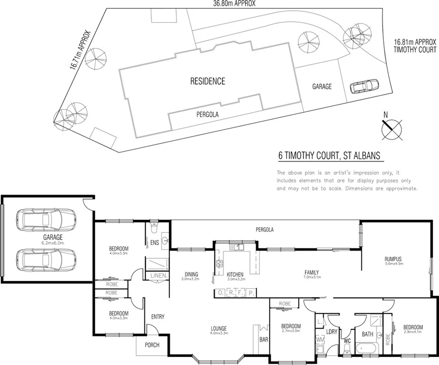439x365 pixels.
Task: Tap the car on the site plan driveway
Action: point(364,86)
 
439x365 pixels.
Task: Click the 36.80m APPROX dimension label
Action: point(235,4)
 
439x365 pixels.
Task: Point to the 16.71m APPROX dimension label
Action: point(80,50)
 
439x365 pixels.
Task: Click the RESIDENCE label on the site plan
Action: point(208,82)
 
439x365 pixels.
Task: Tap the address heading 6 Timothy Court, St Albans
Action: point(330,156)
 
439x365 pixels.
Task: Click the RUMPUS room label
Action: point(393,259)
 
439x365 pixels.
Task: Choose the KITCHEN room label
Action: point(235,274)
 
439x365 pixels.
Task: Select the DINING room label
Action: point(191,274)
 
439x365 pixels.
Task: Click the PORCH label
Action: point(152,345)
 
